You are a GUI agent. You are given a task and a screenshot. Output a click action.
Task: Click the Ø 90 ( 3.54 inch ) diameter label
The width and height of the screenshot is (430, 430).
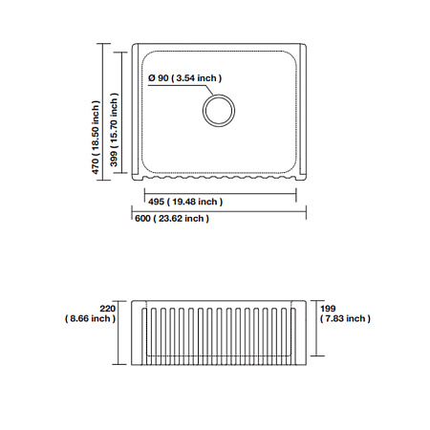[x=184, y=78]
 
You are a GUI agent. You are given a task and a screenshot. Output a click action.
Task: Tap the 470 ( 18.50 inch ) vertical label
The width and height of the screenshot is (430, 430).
[x=96, y=138]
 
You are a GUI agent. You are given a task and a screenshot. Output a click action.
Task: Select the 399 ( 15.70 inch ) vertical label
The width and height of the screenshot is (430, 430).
[x=114, y=130]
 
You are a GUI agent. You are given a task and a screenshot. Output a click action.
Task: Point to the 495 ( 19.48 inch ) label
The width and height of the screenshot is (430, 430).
[x=185, y=202]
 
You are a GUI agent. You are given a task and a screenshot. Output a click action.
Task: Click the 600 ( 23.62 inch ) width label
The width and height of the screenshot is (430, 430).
[x=172, y=219]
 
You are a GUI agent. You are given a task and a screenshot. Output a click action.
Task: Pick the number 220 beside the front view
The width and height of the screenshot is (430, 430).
[x=107, y=309]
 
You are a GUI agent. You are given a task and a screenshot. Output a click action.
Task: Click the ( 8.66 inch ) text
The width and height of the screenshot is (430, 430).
[x=90, y=318]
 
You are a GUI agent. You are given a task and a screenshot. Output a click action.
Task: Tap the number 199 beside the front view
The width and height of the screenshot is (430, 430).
[x=328, y=309]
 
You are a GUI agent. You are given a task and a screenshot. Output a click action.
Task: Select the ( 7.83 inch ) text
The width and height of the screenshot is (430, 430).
[x=345, y=318]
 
